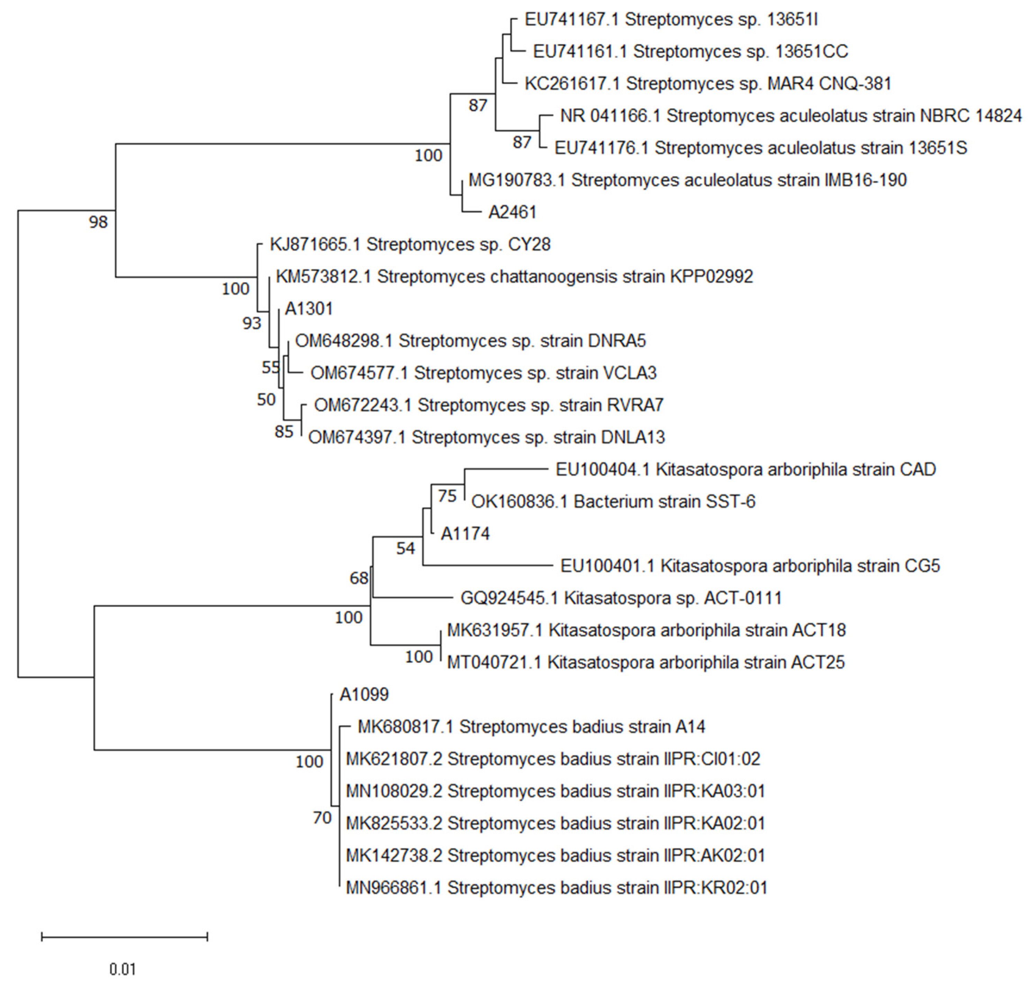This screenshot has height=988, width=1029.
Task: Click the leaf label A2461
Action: coord(512,212)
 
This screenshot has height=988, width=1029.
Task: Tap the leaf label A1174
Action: coord(465,534)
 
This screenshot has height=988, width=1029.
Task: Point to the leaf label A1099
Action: coord(364,694)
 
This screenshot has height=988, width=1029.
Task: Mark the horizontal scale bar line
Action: coord(124,936)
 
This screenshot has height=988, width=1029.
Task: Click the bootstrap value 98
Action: coord(98,222)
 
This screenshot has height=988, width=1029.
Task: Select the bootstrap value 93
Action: coord(252,323)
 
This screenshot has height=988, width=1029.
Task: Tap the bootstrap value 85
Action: coord(284,432)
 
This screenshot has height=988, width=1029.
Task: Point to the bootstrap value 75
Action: coord(447,496)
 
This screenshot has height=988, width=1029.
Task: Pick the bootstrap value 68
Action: coord(359,578)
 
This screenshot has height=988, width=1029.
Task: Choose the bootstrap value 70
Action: coord(322,818)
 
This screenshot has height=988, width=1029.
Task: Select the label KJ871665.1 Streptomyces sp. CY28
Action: coord(410,244)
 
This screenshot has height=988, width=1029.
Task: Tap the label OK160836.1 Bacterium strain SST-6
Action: coord(613,501)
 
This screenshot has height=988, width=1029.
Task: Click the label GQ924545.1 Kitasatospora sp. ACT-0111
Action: coord(621,598)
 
